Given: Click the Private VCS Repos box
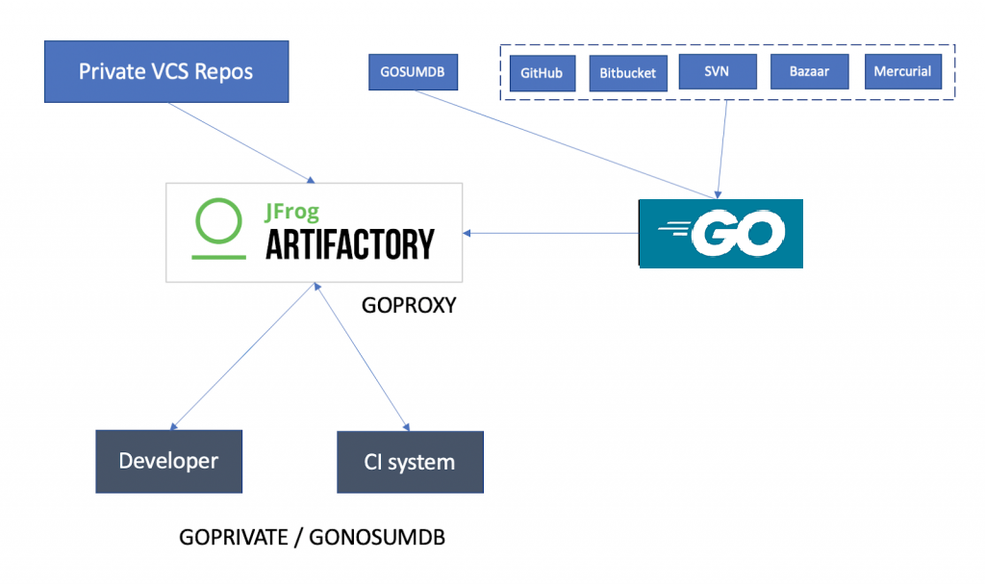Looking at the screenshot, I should [166, 71].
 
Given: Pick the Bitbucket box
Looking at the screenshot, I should [627, 73].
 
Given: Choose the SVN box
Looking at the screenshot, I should [717, 71].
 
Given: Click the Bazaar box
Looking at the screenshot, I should [809, 71].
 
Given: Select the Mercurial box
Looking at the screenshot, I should [902, 71].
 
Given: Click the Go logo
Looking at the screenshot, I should [720, 233].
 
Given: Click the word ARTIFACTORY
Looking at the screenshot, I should [349, 244].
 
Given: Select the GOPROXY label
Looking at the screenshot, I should [408, 306].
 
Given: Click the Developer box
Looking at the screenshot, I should [168, 461].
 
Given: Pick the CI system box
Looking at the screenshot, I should [409, 462].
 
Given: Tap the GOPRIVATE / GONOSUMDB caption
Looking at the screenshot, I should [312, 537].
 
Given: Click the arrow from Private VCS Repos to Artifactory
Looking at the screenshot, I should [240, 141].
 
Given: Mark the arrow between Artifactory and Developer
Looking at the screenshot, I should [243, 355].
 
